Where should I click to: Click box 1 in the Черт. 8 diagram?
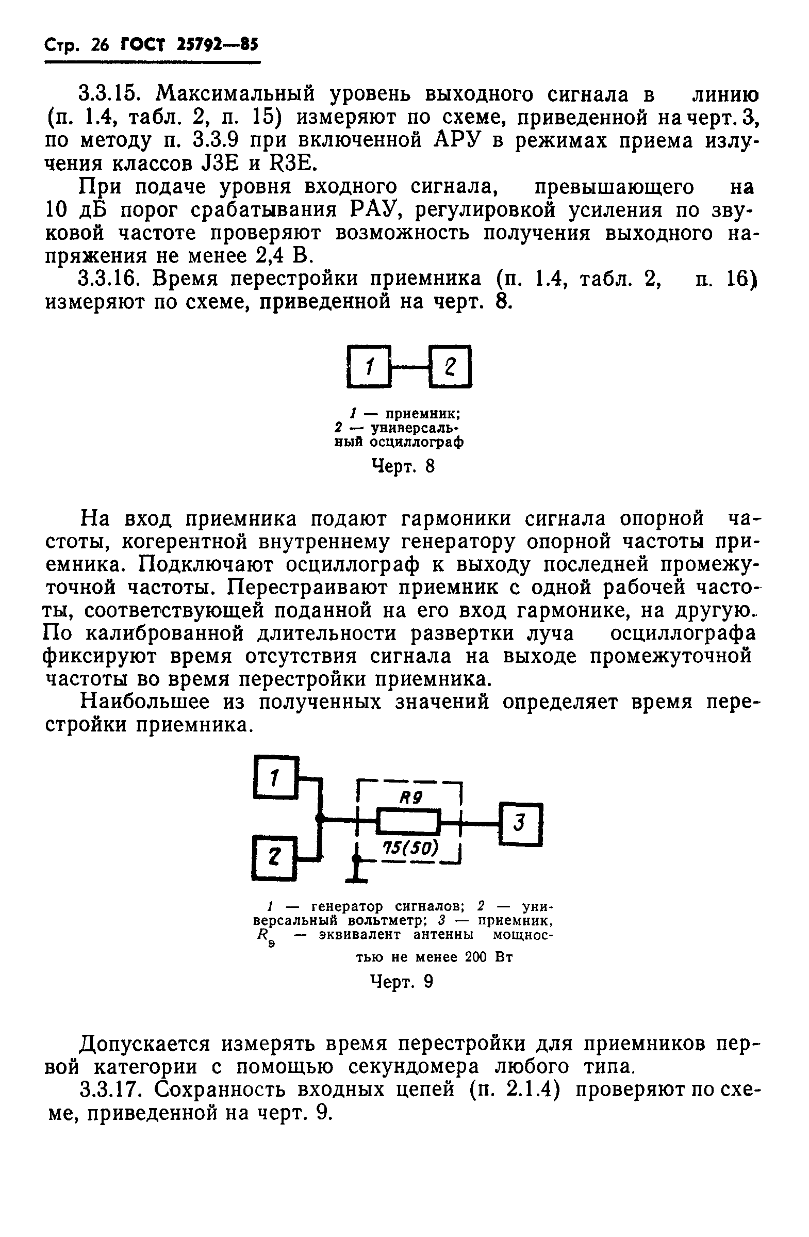click(x=368, y=367)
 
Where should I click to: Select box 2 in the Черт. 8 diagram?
click(x=450, y=367)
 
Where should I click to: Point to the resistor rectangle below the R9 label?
click(x=408, y=821)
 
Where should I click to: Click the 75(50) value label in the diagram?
click(x=410, y=848)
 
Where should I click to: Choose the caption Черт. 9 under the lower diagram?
click(x=402, y=981)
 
